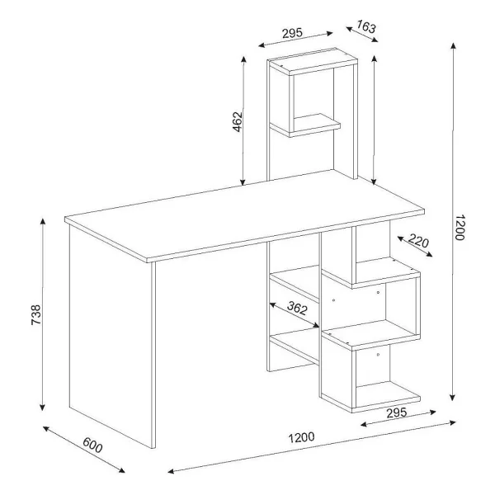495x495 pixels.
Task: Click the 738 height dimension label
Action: click(36, 315)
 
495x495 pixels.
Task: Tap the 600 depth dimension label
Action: click(92, 445)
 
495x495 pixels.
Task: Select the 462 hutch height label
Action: click(237, 121)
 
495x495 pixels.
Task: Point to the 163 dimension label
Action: click(366, 26)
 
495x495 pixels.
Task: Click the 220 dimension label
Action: click(418, 241)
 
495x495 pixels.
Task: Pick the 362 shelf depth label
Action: click(297, 308)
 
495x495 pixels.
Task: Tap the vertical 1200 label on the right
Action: click(460, 228)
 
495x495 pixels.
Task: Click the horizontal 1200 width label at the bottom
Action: click(301, 437)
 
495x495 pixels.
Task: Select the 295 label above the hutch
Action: click(292, 33)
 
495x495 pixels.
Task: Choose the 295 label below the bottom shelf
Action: click(397, 412)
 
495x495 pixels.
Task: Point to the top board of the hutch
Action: click(313, 62)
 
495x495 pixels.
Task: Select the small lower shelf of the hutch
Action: click(305, 125)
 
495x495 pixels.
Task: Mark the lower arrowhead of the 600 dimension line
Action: click(121, 470)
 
